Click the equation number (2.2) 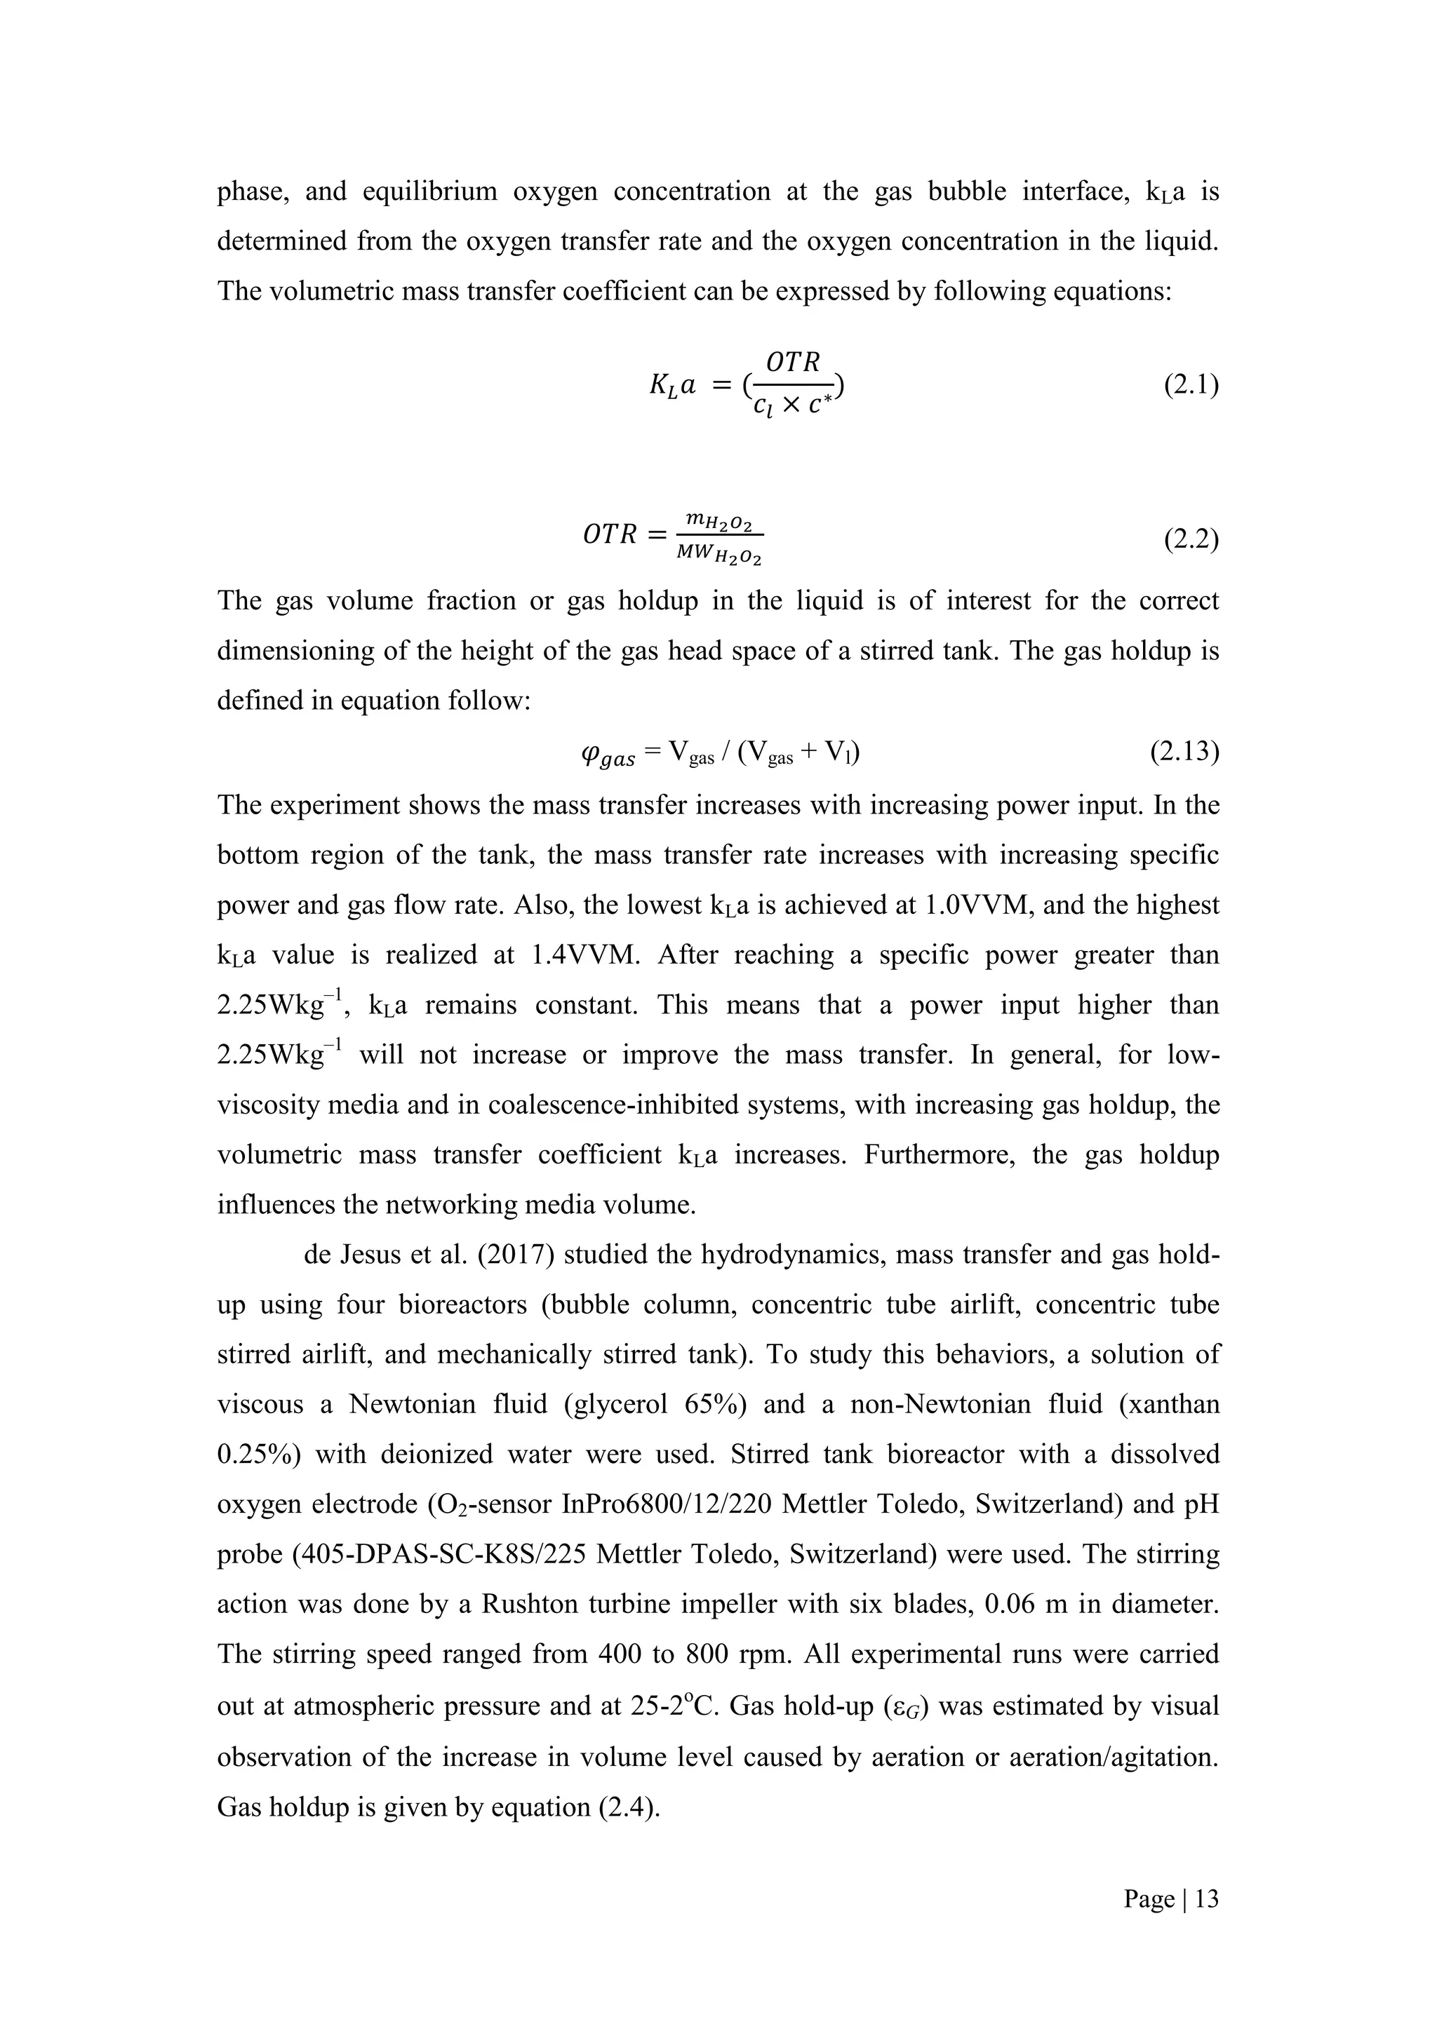point(1191,539)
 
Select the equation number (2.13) point(1184,752)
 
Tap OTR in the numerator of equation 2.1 point(793,363)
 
